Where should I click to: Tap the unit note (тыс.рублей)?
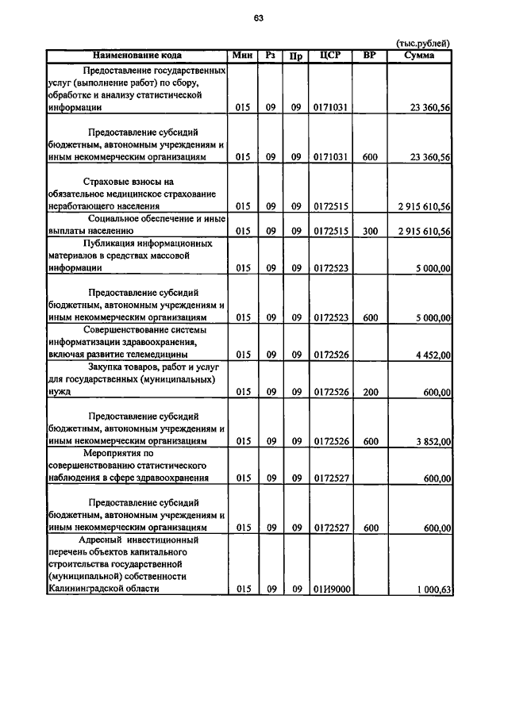(423, 44)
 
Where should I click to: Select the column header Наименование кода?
(137, 56)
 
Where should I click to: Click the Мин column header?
(242, 56)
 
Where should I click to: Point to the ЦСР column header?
(330, 56)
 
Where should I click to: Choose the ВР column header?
(369, 56)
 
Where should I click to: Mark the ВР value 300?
(369, 231)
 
